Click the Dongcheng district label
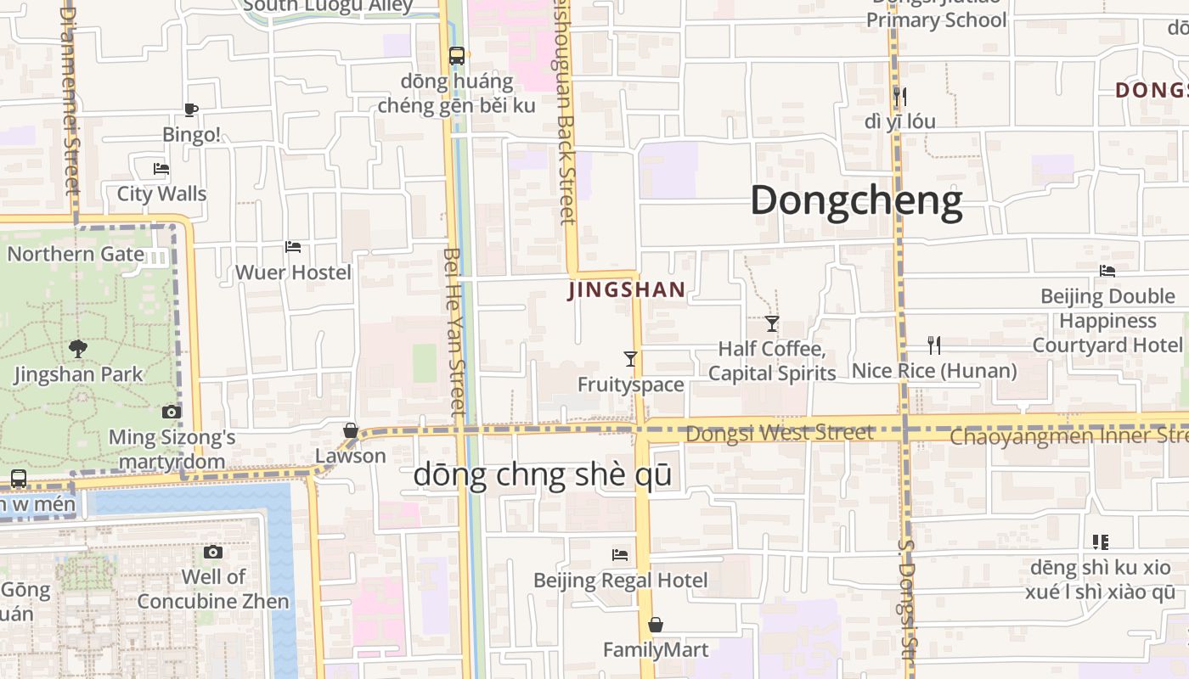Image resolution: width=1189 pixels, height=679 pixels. [856, 201]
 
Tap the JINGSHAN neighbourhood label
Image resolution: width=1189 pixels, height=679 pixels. [627, 290]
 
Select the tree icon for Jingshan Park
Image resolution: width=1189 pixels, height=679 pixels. [78, 348]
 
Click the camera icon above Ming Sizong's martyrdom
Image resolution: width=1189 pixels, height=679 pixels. [172, 412]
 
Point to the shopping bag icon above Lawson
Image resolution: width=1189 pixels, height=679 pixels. [350, 431]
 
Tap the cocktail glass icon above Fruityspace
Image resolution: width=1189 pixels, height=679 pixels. [630, 359]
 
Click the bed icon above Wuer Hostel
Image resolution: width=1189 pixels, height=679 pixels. [293, 247]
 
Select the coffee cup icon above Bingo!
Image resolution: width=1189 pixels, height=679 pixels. [191, 109]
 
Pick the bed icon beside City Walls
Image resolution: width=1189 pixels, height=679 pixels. [161, 169]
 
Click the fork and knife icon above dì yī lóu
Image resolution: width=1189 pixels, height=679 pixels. [900, 96]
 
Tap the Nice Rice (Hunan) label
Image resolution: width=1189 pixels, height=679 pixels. [934, 371]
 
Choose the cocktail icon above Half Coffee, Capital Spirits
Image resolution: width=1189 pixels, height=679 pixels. [772, 323]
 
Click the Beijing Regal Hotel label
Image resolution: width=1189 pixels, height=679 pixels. [620, 581]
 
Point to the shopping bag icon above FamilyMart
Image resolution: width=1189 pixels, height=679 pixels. [656, 626]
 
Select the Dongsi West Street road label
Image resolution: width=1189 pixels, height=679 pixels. [780, 433]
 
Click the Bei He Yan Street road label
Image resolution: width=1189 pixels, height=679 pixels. [455, 331]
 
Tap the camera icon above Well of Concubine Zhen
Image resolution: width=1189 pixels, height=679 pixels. [213, 553]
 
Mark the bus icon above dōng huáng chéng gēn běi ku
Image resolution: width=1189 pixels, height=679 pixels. [457, 56]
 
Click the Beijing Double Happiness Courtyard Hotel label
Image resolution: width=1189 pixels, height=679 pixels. [1107, 321]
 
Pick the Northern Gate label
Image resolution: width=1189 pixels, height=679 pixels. [76, 254]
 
